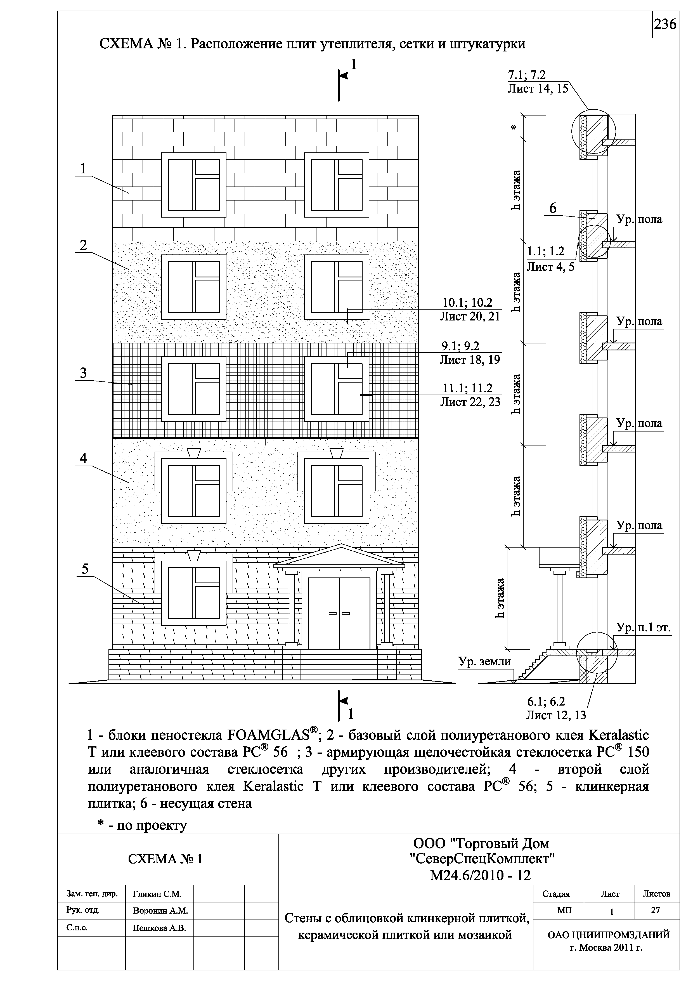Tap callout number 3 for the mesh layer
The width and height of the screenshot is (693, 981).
point(83,373)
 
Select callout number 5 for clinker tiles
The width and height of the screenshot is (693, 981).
point(85,569)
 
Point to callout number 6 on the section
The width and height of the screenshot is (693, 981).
point(553,209)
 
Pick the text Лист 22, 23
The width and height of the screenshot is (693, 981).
point(470,402)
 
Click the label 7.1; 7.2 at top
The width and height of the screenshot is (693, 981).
point(526,75)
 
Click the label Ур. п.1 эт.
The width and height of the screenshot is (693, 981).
point(644,628)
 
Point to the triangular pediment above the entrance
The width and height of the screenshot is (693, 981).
point(339,555)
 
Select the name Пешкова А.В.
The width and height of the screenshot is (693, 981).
point(159,928)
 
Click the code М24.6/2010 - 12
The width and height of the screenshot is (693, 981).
point(480,876)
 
